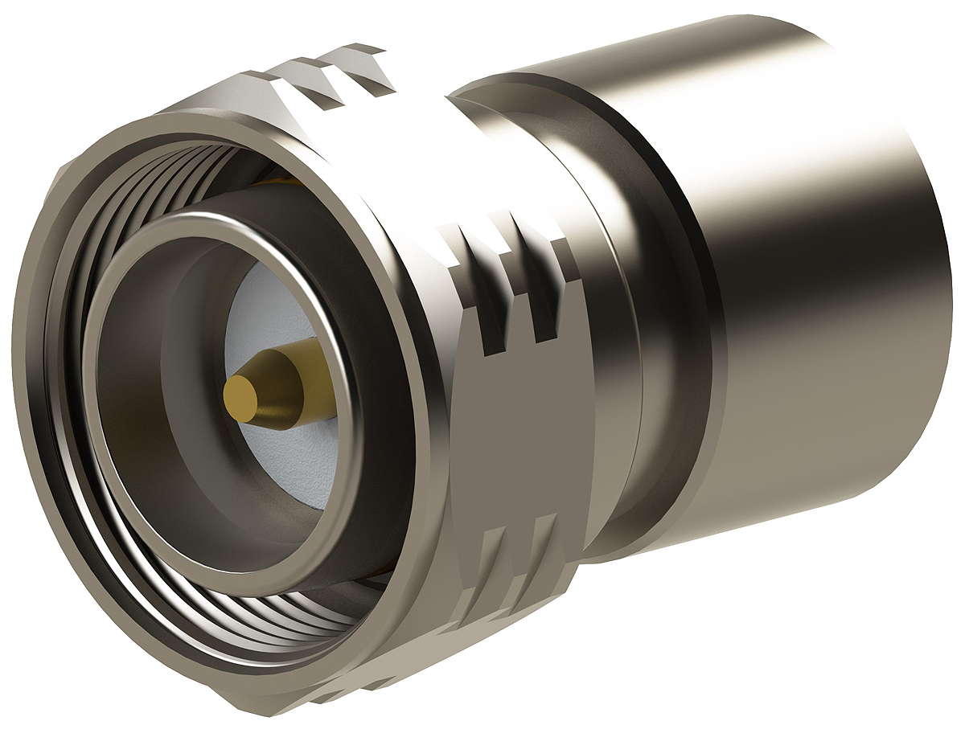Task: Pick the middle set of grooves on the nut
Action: pyautogui.click(x=515, y=281)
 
